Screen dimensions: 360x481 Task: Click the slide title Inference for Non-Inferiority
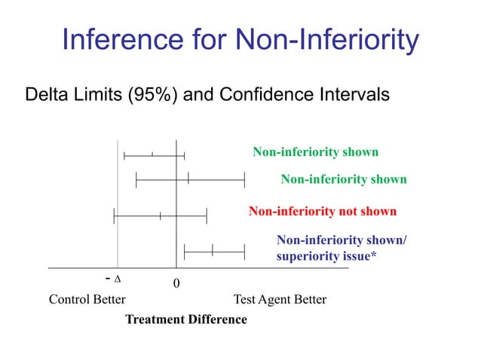(240, 40)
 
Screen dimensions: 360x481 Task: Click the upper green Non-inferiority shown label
(315, 152)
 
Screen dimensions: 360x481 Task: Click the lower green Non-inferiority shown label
(343, 179)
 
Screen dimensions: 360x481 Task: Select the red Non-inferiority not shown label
(322, 211)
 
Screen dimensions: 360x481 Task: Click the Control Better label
(87, 300)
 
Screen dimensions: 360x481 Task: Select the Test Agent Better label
(280, 300)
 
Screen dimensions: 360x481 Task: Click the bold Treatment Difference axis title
(185, 319)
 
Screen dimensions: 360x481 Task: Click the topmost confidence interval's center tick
(152, 154)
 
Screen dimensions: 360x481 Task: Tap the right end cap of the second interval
(244, 178)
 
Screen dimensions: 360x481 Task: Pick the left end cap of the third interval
(114, 216)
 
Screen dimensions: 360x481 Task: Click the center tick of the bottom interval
(213, 251)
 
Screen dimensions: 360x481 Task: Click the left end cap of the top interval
(124, 155)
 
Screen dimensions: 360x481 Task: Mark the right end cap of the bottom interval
(244, 251)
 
